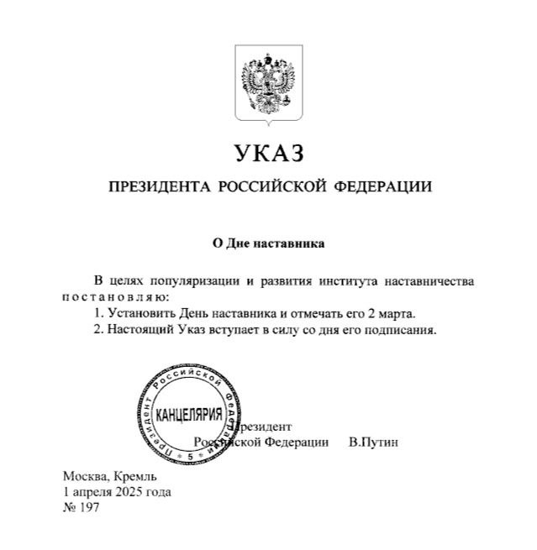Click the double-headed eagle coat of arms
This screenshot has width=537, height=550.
[x=268, y=84]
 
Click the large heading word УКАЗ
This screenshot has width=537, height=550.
[x=268, y=154]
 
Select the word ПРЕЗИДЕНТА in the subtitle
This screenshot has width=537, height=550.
[x=158, y=186]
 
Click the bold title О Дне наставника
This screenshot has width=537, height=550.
[x=267, y=244]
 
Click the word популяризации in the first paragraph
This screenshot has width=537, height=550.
[x=178, y=280]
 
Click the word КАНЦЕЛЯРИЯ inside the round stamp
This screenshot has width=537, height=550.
[x=190, y=415]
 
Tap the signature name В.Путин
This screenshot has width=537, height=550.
[x=372, y=442]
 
